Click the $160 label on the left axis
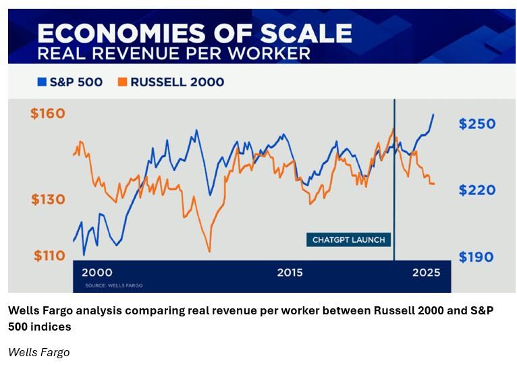(x=48, y=113)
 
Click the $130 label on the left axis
(x=48, y=200)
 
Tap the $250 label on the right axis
(x=477, y=124)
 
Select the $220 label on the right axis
(x=477, y=190)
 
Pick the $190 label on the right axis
(x=477, y=257)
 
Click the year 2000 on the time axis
(x=97, y=273)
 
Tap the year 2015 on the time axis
(x=290, y=273)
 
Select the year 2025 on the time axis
(x=427, y=273)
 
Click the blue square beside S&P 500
(x=42, y=82)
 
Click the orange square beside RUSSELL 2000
(x=122, y=82)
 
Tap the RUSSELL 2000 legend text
(x=177, y=82)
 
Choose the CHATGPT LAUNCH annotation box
(x=348, y=240)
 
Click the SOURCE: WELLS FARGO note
(x=114, y=285)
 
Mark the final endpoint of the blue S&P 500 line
(x=433, y=115)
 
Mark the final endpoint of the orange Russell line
(x=434, y=184)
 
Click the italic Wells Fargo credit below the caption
(x=38, y=352)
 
